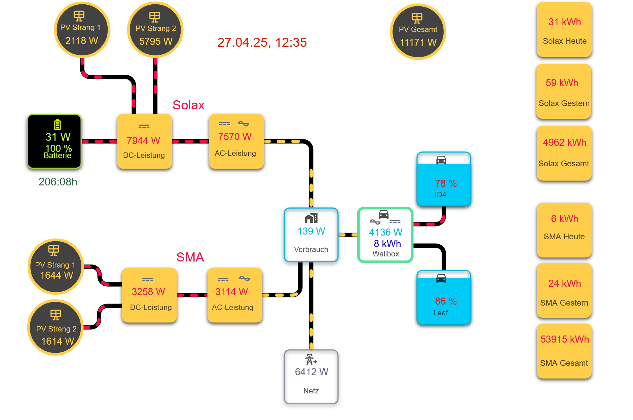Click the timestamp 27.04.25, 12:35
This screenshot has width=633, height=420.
[262, 43]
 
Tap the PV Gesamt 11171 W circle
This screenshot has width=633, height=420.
[418, 32]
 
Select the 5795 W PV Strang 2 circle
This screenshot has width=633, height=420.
[155, 30]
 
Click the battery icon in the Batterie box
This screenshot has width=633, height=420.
[58, 125]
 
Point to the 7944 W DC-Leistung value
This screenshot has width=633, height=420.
[144, 141]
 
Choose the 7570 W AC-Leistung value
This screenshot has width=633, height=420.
[235, 137]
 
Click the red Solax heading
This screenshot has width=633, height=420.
[188, 105]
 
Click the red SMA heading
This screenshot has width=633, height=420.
[190, 257]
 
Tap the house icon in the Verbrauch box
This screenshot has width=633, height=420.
[311, 218]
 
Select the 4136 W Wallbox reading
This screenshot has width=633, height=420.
[385, 232]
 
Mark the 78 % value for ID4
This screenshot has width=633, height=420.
[446, 183]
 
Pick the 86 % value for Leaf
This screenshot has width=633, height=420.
[446, 301]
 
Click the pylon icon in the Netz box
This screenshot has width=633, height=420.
[311, 360]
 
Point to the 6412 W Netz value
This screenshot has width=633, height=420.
[311, 372]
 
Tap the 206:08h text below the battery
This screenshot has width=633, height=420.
[58, 182]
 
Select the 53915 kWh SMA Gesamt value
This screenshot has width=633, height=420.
[564, 339]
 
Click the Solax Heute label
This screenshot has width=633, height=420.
[564, 41]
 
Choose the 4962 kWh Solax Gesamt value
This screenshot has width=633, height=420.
[564, 143]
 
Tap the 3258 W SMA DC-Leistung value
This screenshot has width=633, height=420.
[148, 292]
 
